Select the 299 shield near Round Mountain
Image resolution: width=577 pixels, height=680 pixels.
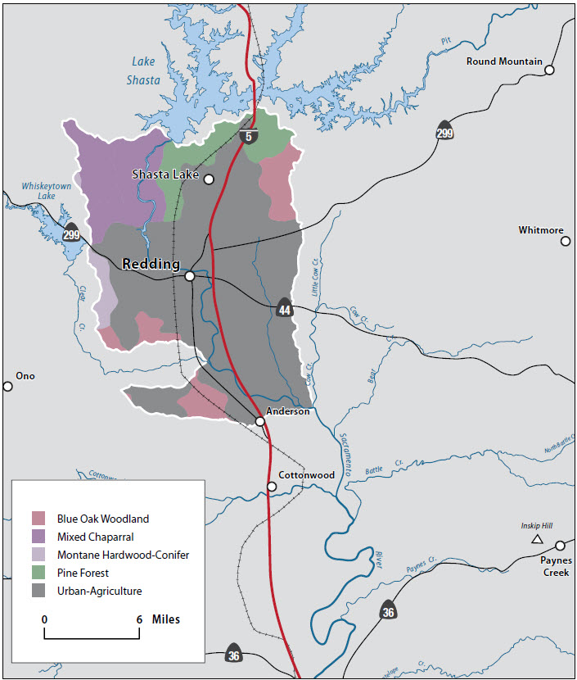click(444, 132)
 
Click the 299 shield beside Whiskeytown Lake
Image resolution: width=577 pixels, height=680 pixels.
click(72, 233)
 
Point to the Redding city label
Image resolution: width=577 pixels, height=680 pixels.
click(151, 264)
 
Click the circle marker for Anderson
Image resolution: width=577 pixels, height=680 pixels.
click(259, 421)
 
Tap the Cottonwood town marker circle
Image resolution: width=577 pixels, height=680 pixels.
click(272, 487)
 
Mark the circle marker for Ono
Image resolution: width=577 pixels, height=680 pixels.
click(8, 386)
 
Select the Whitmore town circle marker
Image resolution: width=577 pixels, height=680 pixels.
click(566, 242)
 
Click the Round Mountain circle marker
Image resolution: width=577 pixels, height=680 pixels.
click(550, 70)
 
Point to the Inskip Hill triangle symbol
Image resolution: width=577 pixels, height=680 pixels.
click(537, 539)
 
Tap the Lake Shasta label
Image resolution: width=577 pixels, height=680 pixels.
click(143, 70)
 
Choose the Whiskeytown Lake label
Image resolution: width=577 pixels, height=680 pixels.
click(38, 191)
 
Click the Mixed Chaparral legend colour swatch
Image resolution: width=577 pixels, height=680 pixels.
click(38, 537)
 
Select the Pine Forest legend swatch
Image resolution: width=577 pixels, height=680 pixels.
click(38, 573)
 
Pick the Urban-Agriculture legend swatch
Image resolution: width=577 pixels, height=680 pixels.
click(38, 591)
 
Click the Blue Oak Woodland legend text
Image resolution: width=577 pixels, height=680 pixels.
click(103, 519)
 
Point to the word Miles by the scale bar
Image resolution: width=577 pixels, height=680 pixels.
click(166, 619)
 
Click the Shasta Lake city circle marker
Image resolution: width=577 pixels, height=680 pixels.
click(209, 179)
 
